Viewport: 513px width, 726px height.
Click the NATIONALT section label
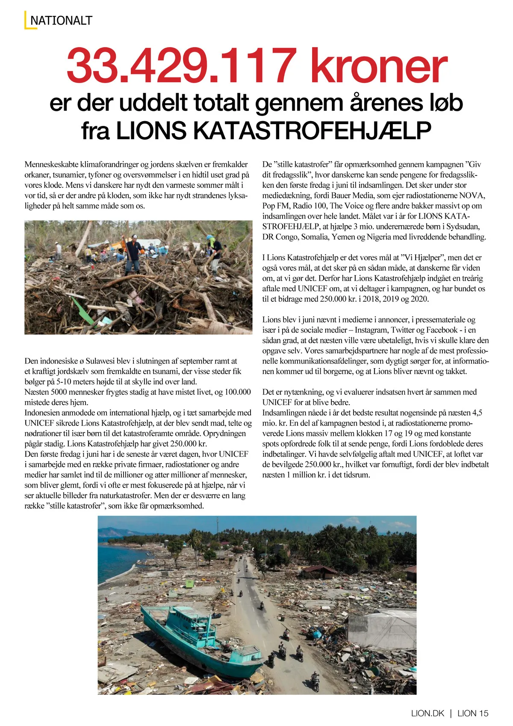point(61,21)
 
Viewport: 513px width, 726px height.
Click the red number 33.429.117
point(182,66)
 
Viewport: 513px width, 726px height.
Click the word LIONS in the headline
point(151,131)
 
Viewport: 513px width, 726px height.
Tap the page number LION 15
point(473,713)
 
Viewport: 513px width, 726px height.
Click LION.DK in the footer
point(427,713)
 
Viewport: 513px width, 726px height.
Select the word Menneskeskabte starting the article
point(51,164)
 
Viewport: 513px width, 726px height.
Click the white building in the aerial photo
point(380,629)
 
